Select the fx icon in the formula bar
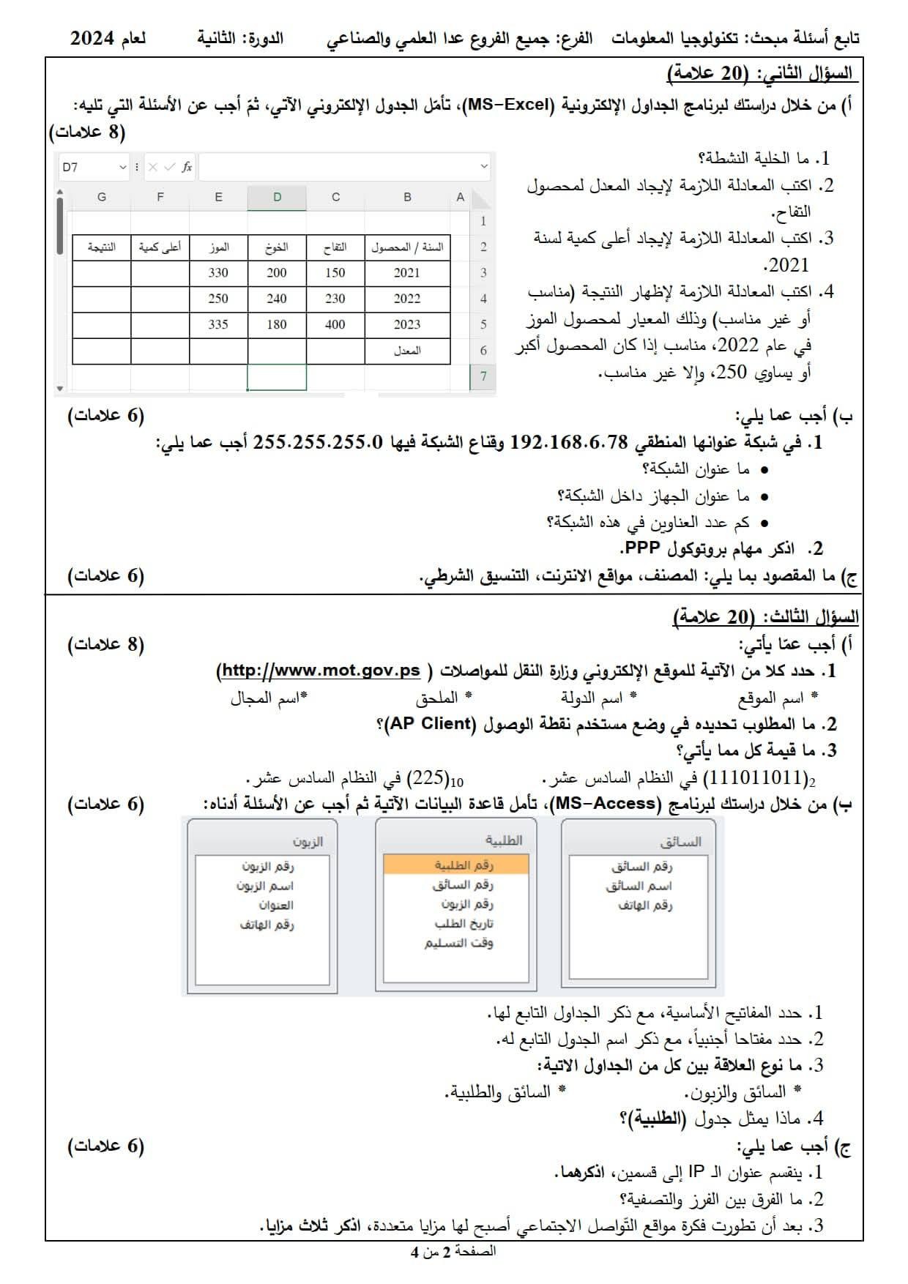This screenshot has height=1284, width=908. tap(187, 167)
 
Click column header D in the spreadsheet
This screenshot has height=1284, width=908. tap(277, 197)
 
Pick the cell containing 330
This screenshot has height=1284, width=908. tap(218, 272)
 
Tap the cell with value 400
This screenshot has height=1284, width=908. tap(335, 324)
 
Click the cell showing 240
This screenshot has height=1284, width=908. tap(277, 299)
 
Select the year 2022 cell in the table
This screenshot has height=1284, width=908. tap(407, 299)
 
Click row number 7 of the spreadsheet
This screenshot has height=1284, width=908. tap(483, 376)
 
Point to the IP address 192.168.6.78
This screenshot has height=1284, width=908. tap(569, 442)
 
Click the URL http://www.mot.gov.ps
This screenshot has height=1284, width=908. tap(321, 671)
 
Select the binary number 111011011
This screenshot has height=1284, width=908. tap(759, 777)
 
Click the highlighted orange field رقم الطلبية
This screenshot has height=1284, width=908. tap(455, 865)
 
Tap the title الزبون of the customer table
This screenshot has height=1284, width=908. tap(308, 842)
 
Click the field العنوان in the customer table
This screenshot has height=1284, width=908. tap(276, 906)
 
